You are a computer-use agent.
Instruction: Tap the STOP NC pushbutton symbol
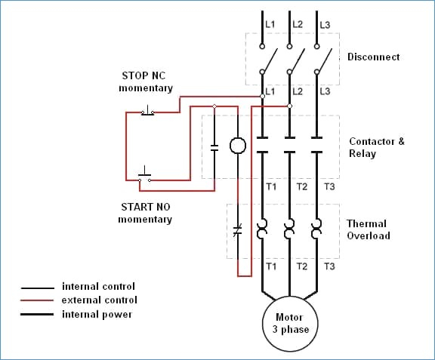[147, 111]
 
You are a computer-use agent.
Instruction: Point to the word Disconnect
[373, 57]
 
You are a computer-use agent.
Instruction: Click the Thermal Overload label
[369, 229]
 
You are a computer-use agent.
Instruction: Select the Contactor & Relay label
[377, 147]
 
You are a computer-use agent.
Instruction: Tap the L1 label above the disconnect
[270, 24]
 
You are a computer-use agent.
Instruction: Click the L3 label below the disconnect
[325, 91]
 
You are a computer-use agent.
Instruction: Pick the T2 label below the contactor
[302, 186]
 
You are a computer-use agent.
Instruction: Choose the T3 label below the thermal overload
[329, 266]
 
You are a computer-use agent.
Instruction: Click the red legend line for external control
[37, 300]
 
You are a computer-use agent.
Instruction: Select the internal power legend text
[97, 315]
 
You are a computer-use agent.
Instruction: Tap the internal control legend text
[98, 287]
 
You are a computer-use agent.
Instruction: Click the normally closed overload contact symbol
[238, 230]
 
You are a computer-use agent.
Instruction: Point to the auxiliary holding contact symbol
[214, 148]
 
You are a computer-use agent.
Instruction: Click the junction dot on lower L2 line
[289, 106]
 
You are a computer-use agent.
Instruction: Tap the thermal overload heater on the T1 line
[262, 229]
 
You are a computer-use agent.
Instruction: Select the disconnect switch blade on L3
[325, 60]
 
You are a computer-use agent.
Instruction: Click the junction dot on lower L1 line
[262, 97]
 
